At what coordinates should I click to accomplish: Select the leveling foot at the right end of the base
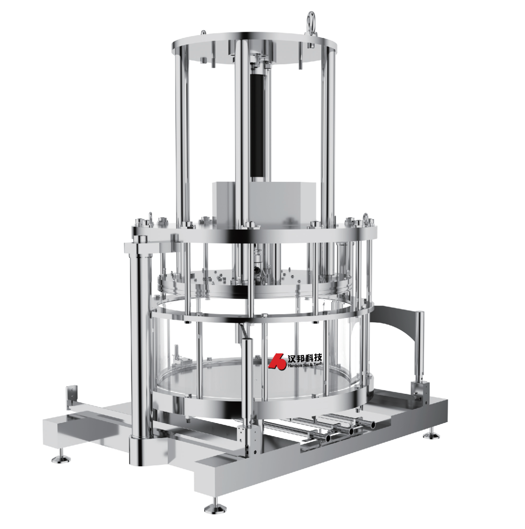[431, 435]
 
